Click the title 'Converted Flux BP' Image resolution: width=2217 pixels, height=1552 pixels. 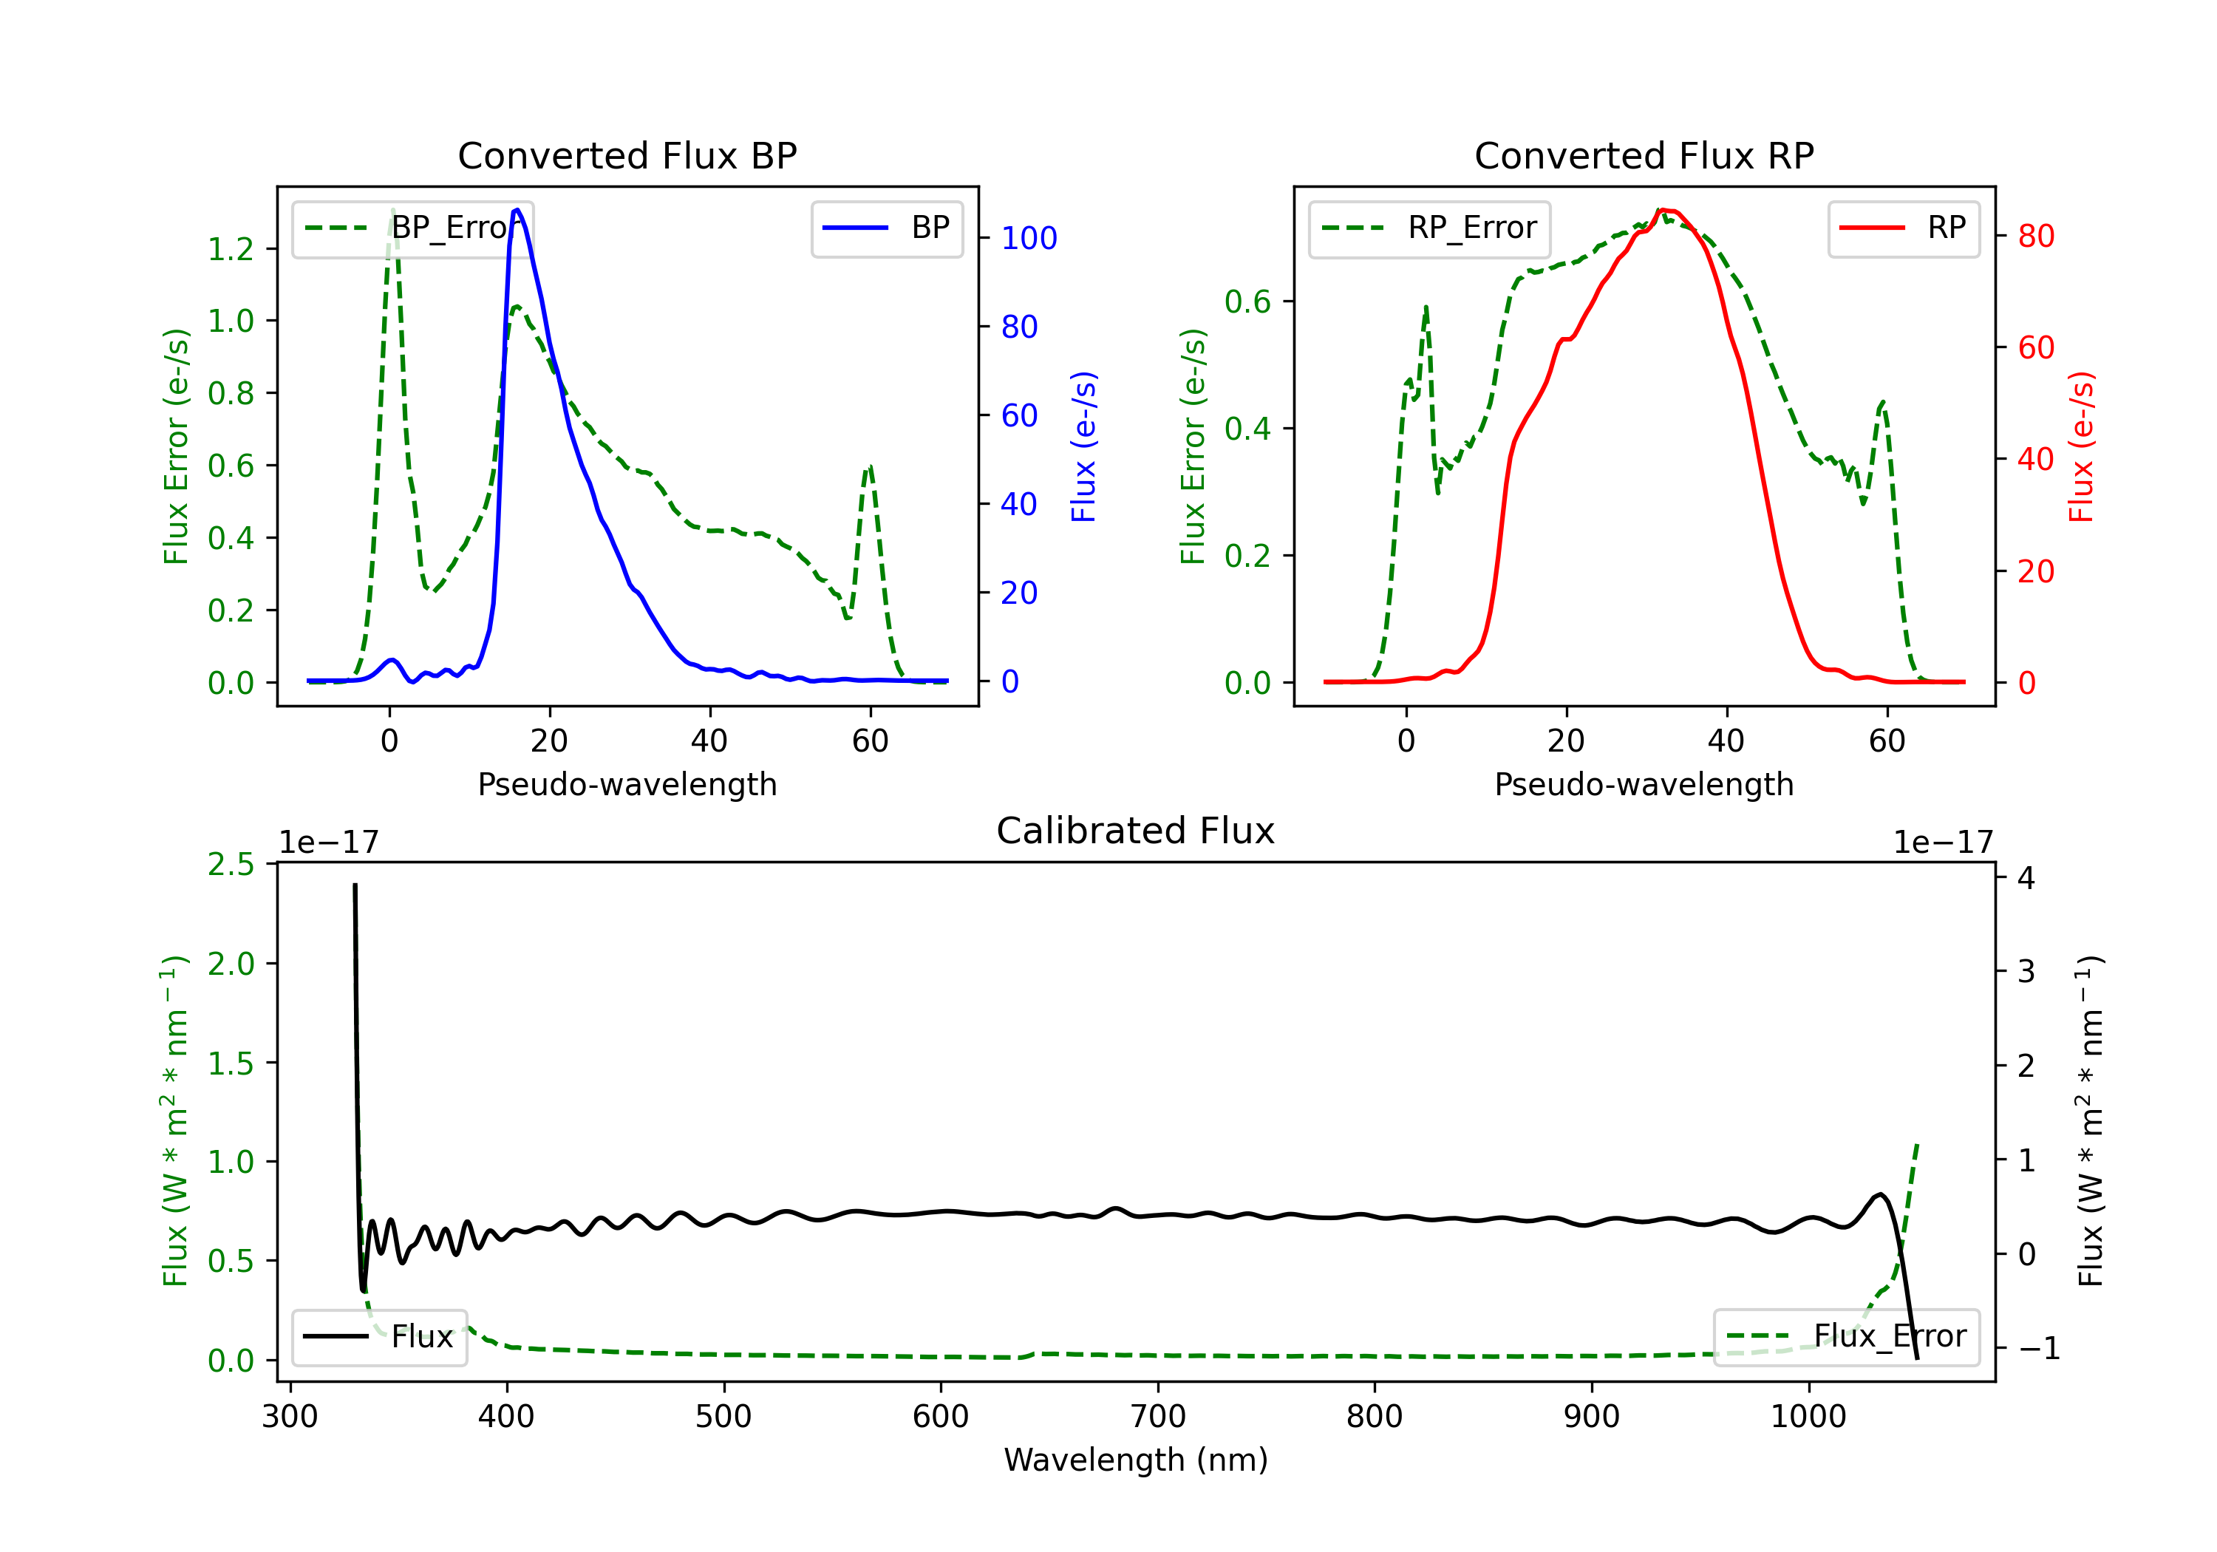click(627, 155)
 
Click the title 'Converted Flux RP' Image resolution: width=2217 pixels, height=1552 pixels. click(1644, 155)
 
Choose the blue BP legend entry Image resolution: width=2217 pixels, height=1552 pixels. click(886, 228)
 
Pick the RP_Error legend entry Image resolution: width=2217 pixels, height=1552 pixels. click(1429, 228)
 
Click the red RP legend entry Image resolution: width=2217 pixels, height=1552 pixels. click(1903, 228)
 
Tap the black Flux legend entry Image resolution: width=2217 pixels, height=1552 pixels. click(380, 1337)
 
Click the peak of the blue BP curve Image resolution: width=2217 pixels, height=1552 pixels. click(517, 210)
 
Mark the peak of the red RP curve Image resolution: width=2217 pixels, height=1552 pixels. click(1662, 210)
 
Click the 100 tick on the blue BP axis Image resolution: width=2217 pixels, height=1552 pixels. click(1029, 237)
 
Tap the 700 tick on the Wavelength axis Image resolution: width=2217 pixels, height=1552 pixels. click(1158, 1416)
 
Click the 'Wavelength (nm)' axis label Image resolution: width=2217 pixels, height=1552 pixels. click(1136, 1460)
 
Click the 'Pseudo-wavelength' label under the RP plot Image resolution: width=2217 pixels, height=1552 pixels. click(1644, 784)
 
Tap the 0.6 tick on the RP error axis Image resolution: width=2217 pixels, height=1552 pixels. click(1247, 302)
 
